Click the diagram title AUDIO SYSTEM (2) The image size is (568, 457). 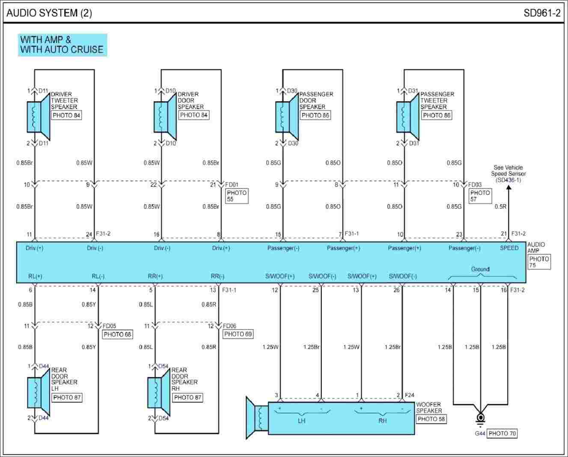point(49,13)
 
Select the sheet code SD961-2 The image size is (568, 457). point(542,13)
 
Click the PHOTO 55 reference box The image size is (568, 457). point(237,196)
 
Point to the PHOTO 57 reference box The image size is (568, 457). point(480,196)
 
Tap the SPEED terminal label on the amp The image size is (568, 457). point(509,248)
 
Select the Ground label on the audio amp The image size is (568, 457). point(480,269)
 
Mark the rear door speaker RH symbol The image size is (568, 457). point(158,392)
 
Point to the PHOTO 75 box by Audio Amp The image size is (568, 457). point(539,262)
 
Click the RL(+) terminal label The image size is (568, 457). point(35,276)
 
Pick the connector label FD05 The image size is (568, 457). point(109,326)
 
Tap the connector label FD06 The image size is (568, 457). point(229,326)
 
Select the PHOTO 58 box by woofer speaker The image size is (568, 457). point(431,419)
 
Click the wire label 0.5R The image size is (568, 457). point(500,206)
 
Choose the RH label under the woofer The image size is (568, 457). point(382,421)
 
